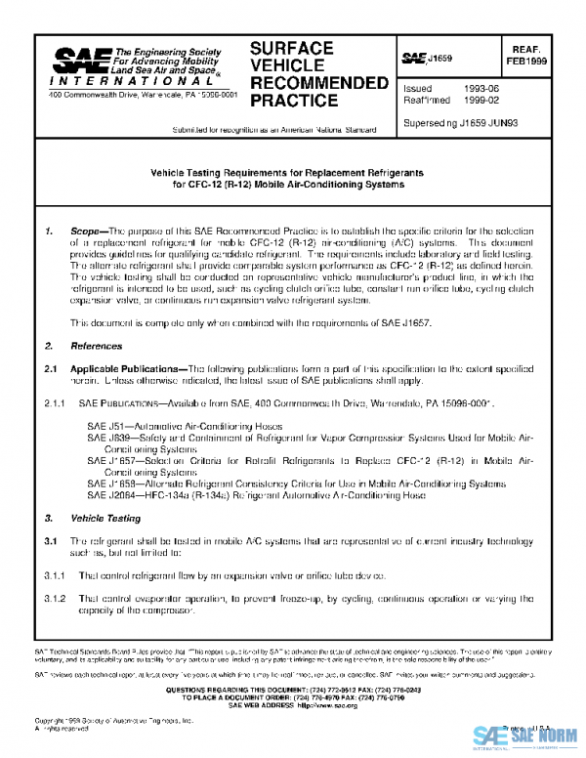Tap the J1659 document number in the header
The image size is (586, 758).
[439, 60]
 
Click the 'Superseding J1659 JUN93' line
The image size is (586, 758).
[462, 123]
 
